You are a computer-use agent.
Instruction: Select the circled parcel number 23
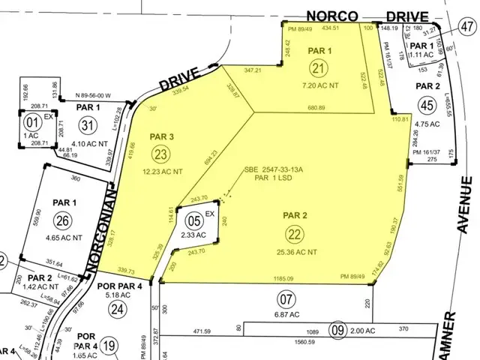[x=160, y=154]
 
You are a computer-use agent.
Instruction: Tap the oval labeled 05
[x=193, y=221]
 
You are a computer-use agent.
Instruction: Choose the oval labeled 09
[x=338, y=328]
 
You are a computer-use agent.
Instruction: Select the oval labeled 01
[x=32, y=121]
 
